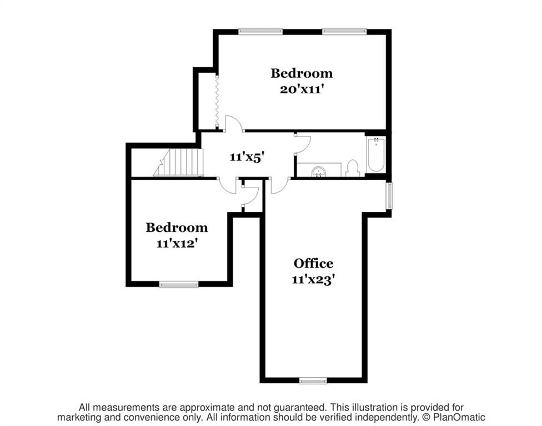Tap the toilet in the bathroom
[352, 168]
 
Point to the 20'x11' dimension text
[302, 89]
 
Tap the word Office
[313, 263]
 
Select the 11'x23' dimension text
[313, 280]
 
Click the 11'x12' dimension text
[177, 244]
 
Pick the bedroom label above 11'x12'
[177, 227]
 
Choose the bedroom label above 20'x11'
[302, 73]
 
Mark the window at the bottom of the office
[313, 381]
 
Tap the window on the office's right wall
[389, 196]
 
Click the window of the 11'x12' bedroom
[178, 285]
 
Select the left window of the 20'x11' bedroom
[260, 32]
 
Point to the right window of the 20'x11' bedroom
[344, 32]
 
